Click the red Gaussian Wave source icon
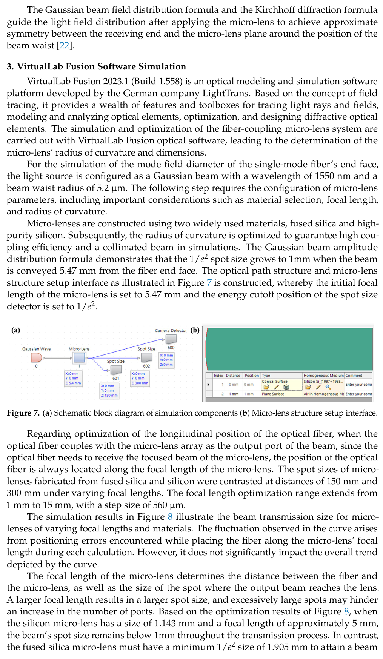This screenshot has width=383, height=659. click(x=36, y=357)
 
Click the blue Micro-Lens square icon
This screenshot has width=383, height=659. click(x=79, y=357)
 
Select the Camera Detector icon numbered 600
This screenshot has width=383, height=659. click(x=171, y=339)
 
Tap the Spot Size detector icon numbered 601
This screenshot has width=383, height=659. click(x=115, y=370)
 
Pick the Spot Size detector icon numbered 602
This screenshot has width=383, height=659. click(x=146, y=357)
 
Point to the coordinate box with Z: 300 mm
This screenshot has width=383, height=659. click(x=140, y=379)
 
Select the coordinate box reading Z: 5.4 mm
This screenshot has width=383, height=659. click(x=73, y=379)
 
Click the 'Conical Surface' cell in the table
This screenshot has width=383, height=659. click(x=275, y=382)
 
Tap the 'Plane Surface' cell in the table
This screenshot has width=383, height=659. click(x=273, y=394)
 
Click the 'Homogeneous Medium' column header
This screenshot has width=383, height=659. click(x=323, y=376)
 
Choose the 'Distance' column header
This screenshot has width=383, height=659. click(x=233, y=376)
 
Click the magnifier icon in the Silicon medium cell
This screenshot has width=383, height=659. click(x=328, y=387)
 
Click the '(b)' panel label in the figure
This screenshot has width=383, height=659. click(x=195, y=330)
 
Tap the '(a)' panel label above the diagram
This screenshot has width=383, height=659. click(x=15, y=330)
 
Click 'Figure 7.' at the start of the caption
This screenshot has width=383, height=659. click(x=23, y=413)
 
